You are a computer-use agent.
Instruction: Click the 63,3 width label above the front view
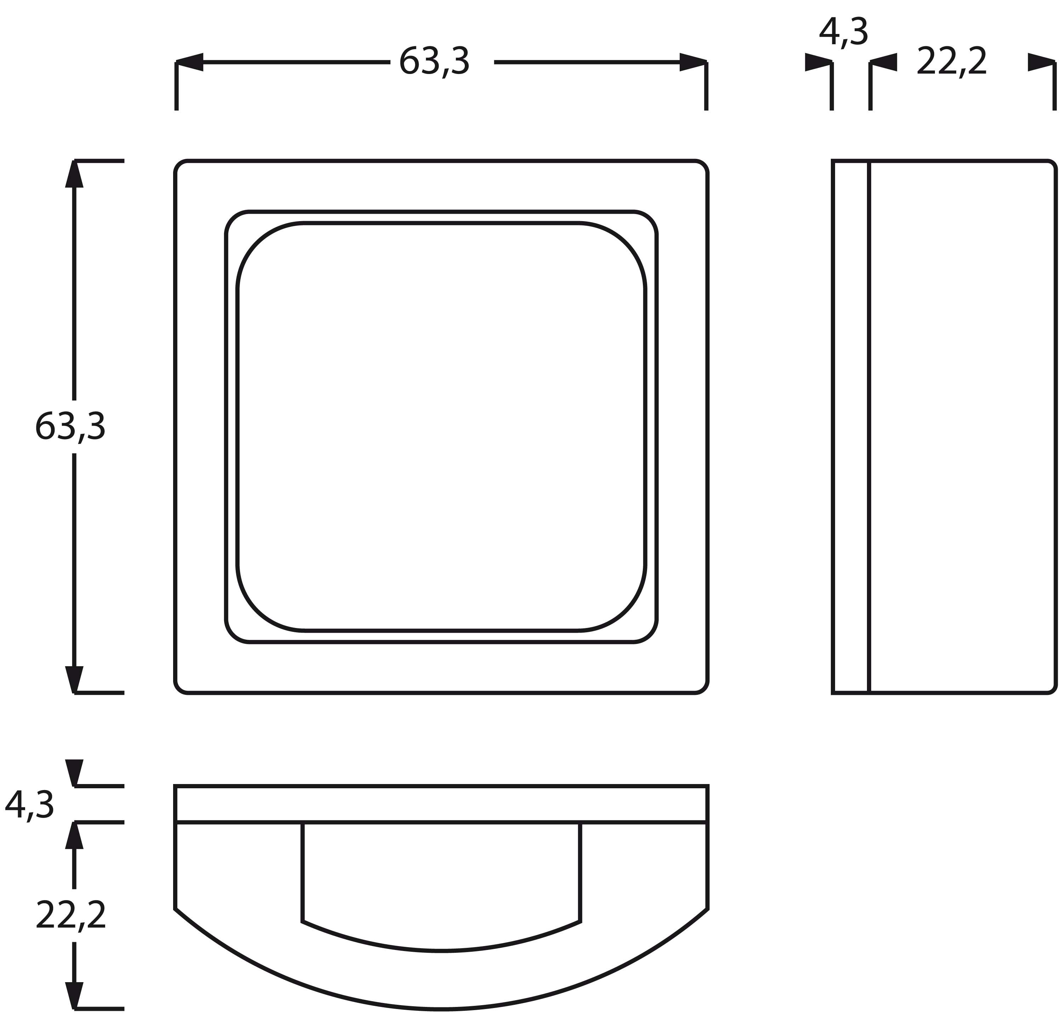[x=434, y=62]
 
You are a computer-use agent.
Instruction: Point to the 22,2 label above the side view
[x=952, y=61]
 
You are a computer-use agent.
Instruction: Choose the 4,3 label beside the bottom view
[x=29, y=805]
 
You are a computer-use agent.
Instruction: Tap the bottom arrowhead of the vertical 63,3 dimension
[x=74, y=679]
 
